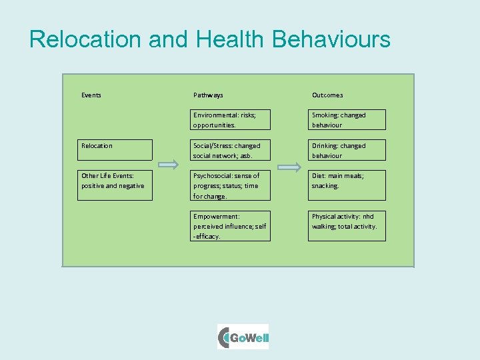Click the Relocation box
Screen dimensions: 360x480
(115, 150)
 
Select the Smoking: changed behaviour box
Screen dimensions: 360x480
(346, 120)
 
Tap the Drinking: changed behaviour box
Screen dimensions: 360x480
(346, 150)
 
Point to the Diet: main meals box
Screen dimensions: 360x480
(346, 185)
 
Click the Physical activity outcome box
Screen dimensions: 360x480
(346, 225)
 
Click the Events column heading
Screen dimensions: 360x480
(91, 95)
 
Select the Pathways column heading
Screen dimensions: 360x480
(208, 95)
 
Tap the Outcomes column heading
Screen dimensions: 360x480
(327, 95)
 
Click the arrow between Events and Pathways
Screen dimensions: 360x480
(169, 164)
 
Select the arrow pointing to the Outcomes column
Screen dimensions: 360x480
(289, 167)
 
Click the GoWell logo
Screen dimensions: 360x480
(243, 337)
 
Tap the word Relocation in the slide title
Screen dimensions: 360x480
(85, 39)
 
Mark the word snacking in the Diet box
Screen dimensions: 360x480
(325, 186)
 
